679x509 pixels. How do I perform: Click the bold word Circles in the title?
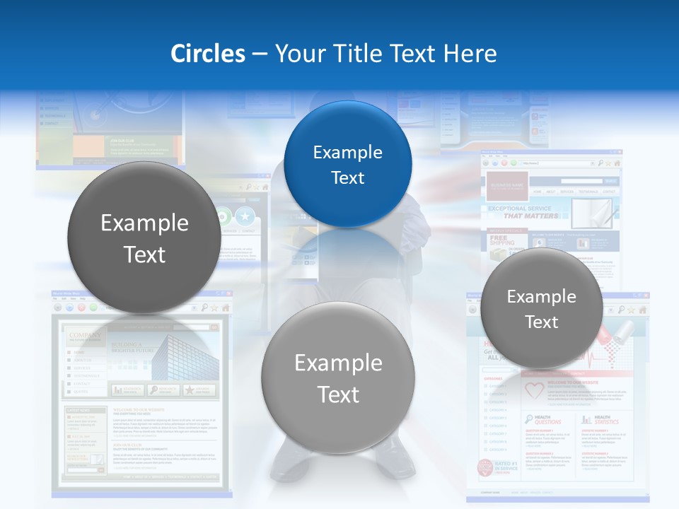click(208, 54)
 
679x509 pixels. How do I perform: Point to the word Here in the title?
click(470, 54)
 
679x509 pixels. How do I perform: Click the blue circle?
click(347, 164)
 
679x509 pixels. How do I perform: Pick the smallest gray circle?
click(541, 309)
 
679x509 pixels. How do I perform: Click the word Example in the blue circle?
click(347, 152)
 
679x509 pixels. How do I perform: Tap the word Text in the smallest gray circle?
click(541, 322)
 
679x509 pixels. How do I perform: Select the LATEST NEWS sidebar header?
click(79, 410)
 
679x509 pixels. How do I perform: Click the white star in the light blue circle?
click(244, 216)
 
